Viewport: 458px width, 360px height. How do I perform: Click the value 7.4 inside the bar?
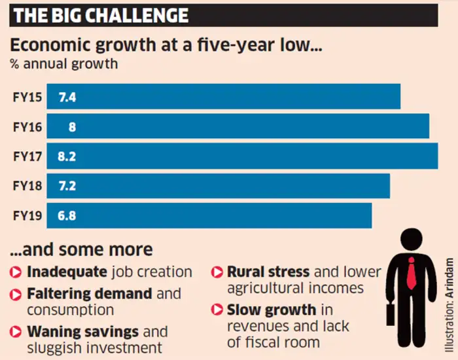click(67, 97)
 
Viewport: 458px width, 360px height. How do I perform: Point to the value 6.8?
click(67, 215)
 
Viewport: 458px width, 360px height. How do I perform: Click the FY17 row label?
click(27, 156)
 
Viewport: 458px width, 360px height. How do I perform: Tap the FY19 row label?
click(27, 215)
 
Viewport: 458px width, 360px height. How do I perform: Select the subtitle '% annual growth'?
click(63, 64)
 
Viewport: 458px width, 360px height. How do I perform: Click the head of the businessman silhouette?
click(412, 239)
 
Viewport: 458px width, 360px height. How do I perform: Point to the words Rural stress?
click(268, 272)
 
